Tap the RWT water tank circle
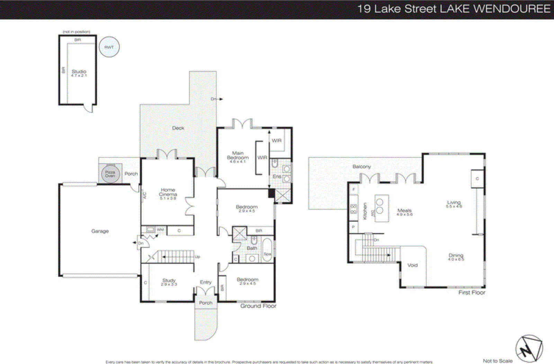109,47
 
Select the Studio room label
79,72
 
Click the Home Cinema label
168,192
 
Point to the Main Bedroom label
238,155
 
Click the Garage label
100,231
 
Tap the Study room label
169,281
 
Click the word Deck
178,128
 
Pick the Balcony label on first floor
361,167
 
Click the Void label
412,265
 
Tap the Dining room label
456,255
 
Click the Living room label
454,202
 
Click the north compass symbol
529,348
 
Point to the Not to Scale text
498,361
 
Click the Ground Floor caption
258,306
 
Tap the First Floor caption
472,293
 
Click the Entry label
206,282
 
